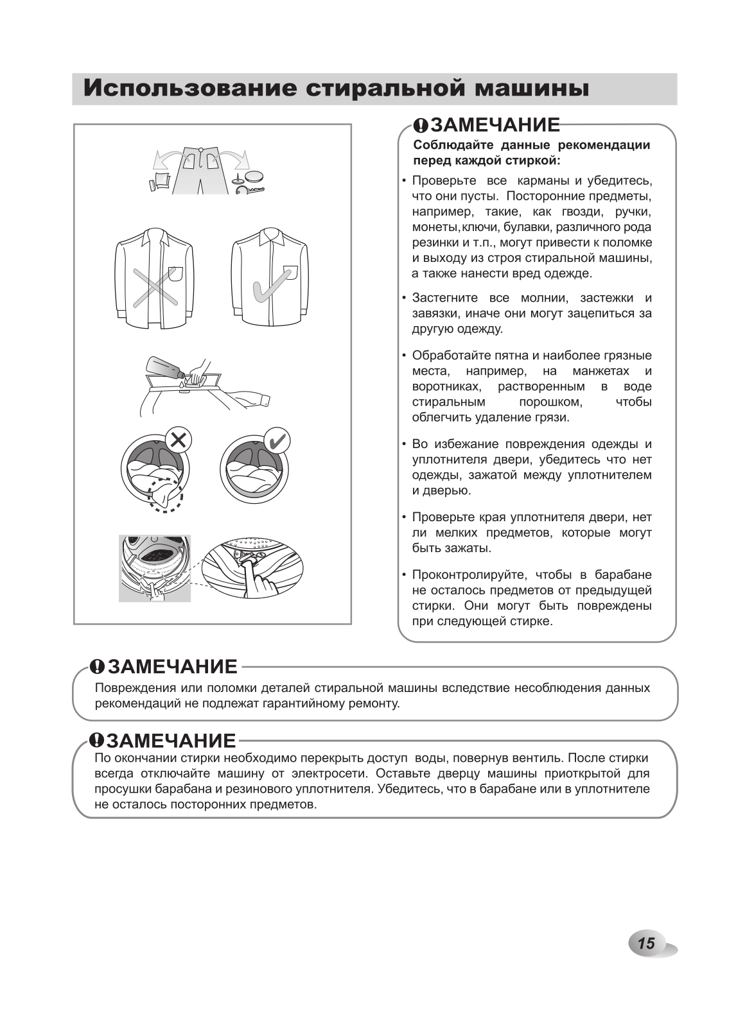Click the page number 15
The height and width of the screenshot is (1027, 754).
pyautogui.click(x=646, y=943)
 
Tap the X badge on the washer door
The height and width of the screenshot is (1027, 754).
pyautogui.click(x=179, y=440)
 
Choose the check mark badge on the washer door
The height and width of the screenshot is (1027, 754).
pyautogui.click(x=277, y=441)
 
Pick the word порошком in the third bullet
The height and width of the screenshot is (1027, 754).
pyautogui.click(x=550, y=402)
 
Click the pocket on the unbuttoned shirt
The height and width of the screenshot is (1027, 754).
pyautogui.click(x=175, y=274)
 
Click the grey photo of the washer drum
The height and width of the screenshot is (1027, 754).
pyautogui.click(x=155, y=568)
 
